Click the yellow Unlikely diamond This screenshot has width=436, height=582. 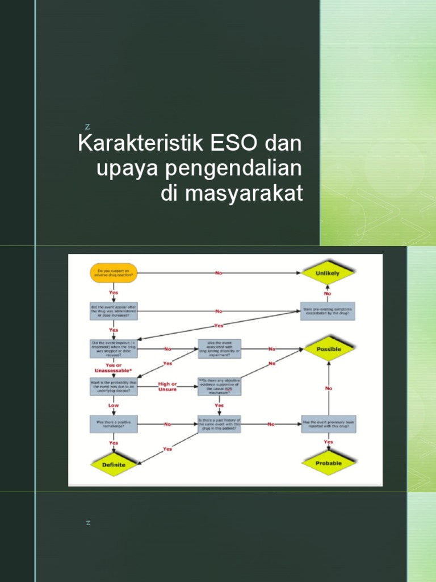point(328,273)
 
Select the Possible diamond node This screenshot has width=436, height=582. point(329,349)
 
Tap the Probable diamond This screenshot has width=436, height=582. point(329,463)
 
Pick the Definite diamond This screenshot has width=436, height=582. point(114,464)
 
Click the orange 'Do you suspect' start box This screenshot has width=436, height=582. point(114,273)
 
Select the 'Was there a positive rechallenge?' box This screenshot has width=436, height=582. point(114,424)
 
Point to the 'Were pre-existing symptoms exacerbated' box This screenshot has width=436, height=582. point(328,311)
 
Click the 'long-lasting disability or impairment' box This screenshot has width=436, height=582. point(219,349)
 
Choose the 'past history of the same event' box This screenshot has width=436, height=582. point(219,425)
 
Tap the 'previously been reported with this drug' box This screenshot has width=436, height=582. point(328,425)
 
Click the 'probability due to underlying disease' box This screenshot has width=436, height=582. point(114,386)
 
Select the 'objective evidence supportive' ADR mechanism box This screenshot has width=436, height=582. point(219,386)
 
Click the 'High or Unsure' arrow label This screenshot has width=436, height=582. point(167,386)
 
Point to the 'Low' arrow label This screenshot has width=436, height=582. point(114,405)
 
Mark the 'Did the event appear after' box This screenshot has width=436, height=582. point(114,311)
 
